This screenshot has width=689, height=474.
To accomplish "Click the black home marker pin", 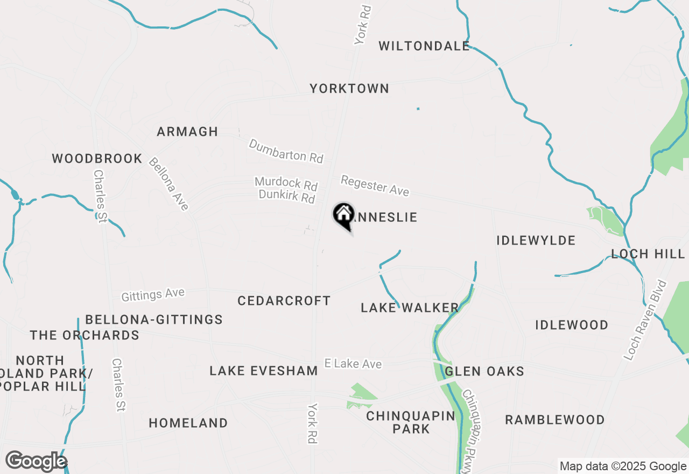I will tap(343, 215).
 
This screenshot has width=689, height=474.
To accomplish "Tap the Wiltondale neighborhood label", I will tap(424, 46).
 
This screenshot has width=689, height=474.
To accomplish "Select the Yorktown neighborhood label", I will tap(349, 88).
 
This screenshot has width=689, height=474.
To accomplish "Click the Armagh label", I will tap(187, 131).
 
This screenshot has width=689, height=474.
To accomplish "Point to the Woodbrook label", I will tap(97, 159).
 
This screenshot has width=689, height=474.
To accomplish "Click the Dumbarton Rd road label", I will tap(286, 151).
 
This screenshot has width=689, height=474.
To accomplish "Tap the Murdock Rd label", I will tap(286, 183).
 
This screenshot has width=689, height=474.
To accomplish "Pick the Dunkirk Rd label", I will tap(286, 196).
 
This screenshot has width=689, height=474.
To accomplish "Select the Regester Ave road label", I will tap(375, 185).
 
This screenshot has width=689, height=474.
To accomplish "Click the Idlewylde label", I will tap(536, 240).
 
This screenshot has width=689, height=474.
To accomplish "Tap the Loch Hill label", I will tap(648, 254).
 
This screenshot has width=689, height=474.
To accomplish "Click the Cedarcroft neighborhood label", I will tap(284, 301).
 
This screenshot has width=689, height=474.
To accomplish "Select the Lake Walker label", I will tap(410, 308).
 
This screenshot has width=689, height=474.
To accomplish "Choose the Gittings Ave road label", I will tap(153, 295).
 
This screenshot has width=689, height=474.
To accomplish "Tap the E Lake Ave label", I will tap(353, 364).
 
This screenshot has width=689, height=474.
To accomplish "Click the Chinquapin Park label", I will tap(411, 422).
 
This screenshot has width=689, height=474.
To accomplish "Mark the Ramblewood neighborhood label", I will tap(554, 420).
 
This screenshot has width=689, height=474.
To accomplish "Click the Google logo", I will tap(36, 462).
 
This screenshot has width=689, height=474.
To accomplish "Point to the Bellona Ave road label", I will tap(169, 184).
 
